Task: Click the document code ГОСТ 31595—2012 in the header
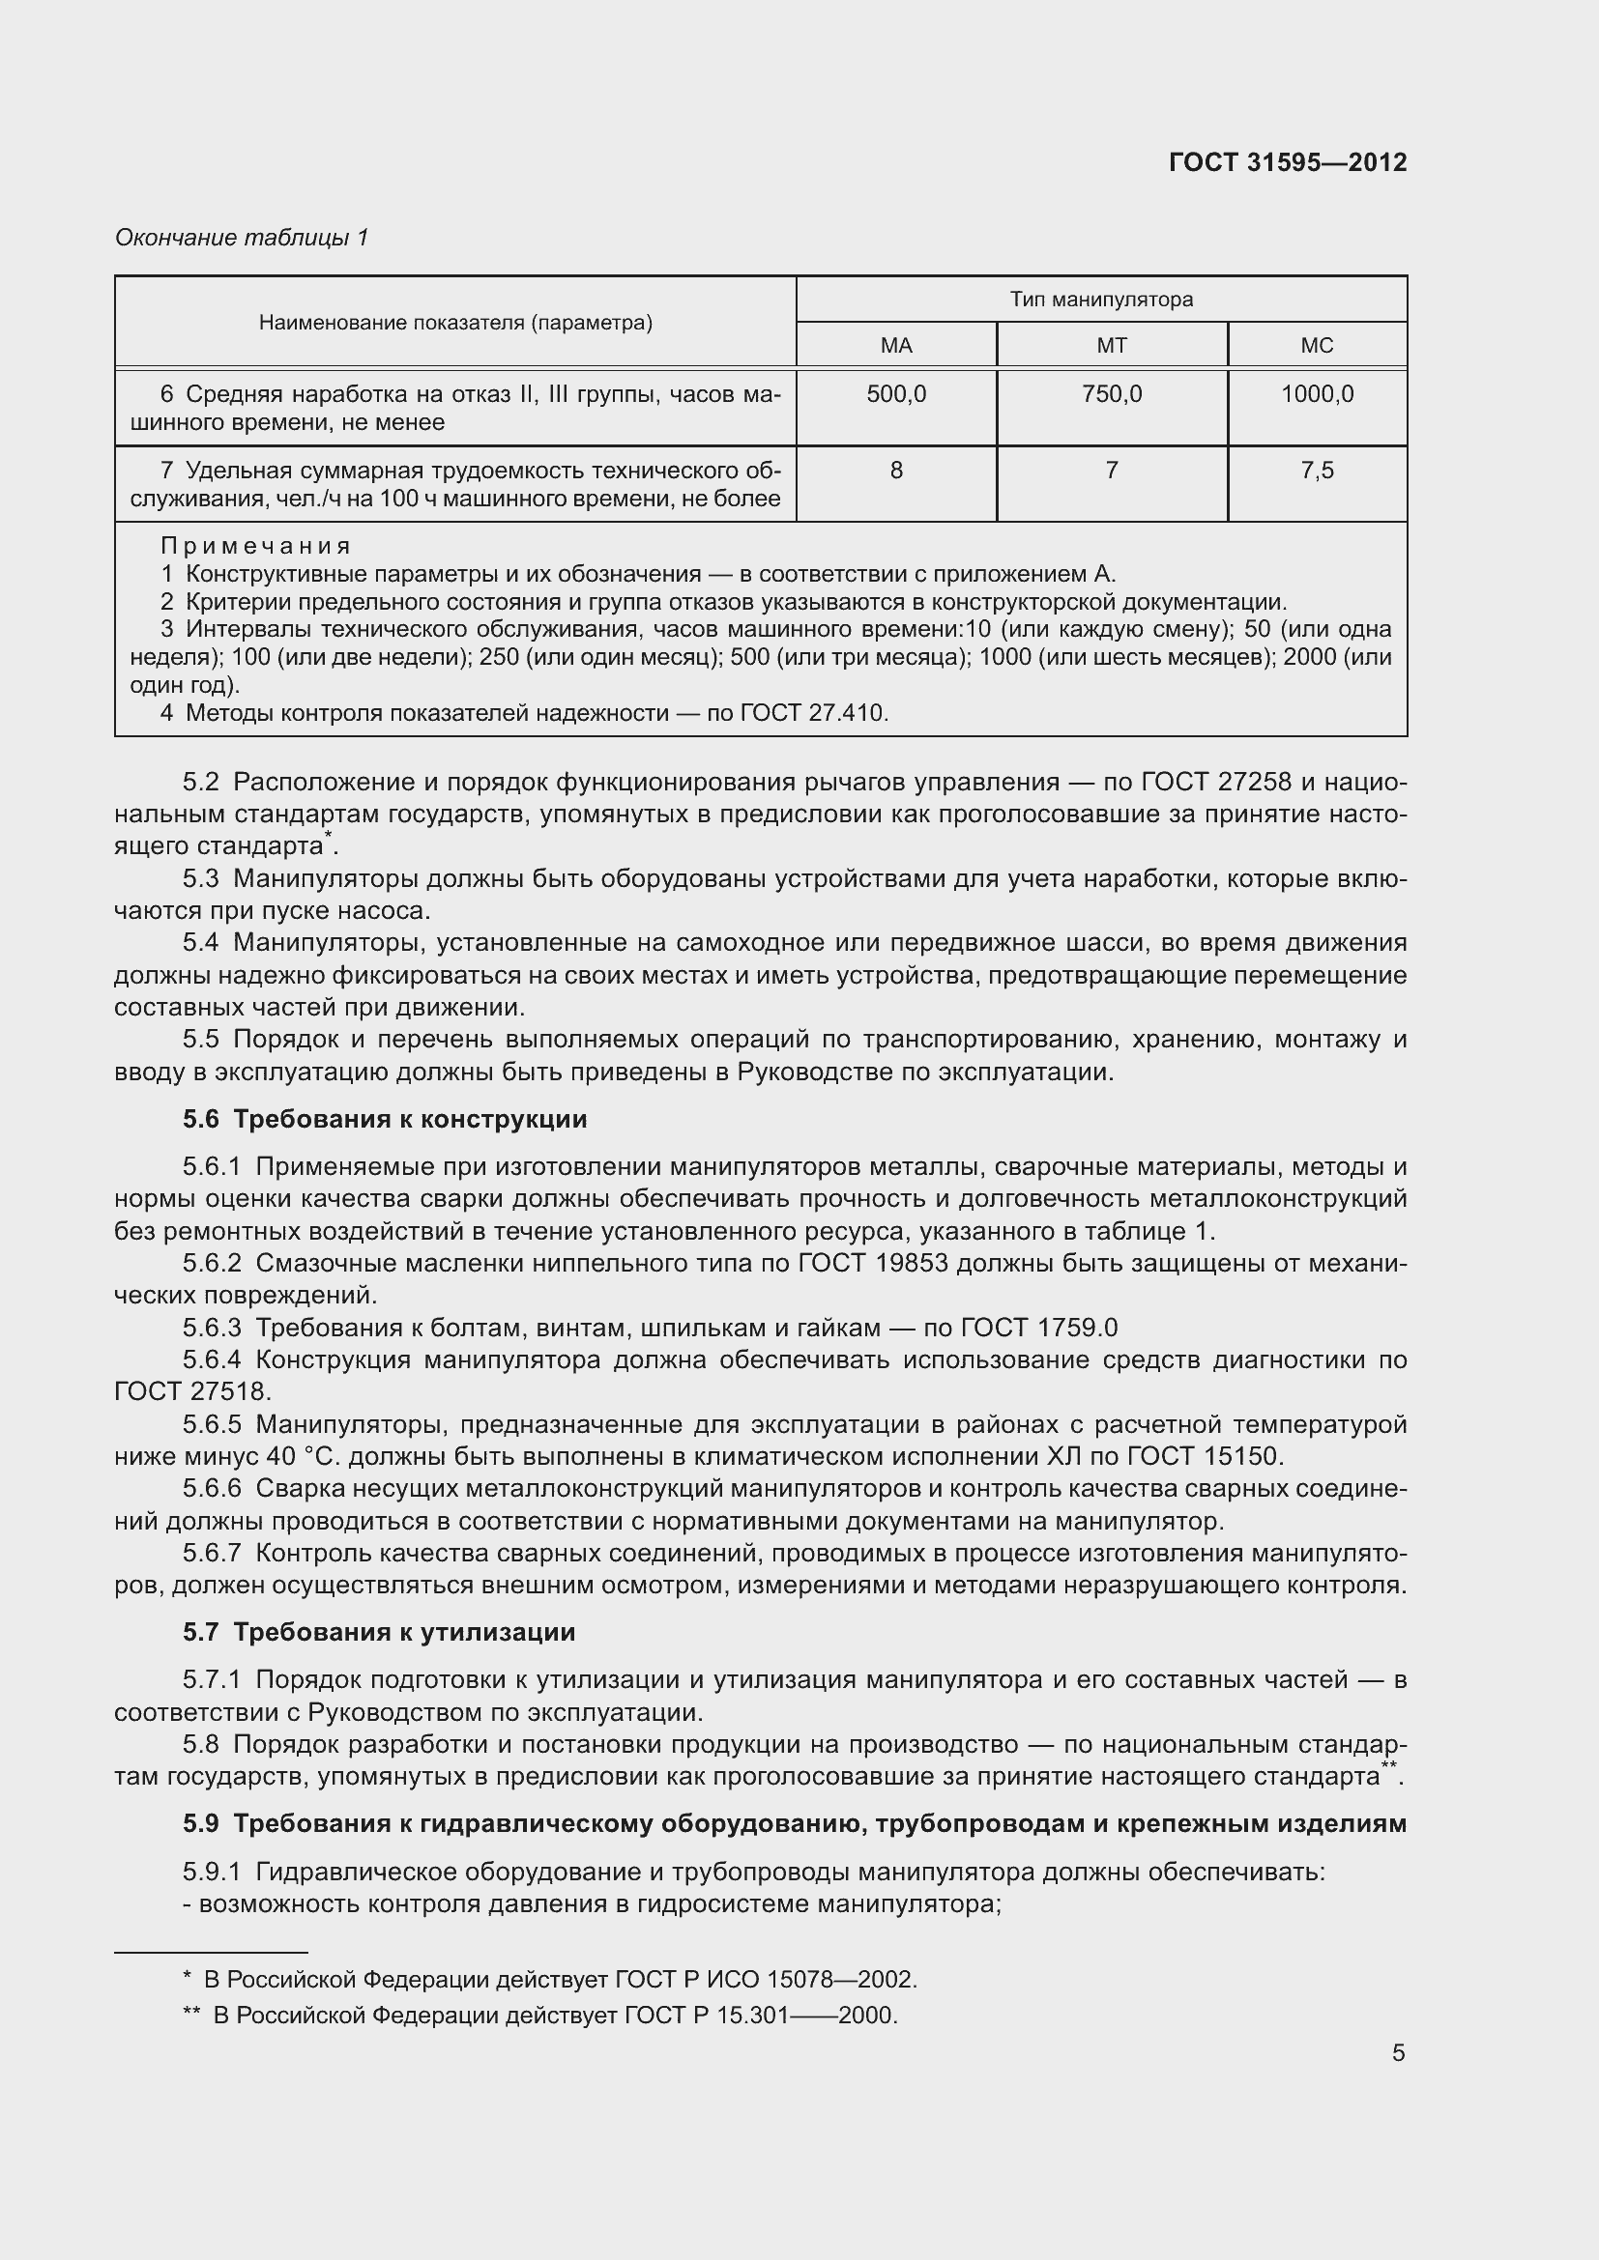1287,162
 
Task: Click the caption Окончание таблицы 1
242,238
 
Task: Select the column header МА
896,346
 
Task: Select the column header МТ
1112,346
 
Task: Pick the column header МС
1317,346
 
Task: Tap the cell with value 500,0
896,395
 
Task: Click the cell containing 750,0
1112,395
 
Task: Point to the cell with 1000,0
1317,395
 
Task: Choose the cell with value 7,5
1317,471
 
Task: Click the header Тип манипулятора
1101,300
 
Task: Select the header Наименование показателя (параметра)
455,323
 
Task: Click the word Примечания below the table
255,545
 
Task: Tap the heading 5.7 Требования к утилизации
378,1632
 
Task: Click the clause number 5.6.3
212,1328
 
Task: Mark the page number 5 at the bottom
1398,2052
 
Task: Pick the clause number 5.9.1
212,1872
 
